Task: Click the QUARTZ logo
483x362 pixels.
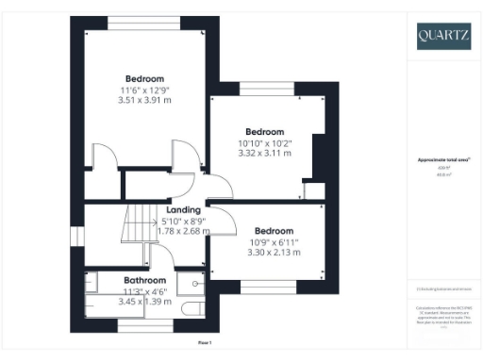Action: click(443, 36)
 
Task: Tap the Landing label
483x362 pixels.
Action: click(183, 209)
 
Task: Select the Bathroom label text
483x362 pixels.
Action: click(146, 280)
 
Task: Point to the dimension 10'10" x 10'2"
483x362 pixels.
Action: click(265, 142)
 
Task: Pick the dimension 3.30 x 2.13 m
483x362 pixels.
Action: click(274, 253)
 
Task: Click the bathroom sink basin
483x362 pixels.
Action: click(194, 280)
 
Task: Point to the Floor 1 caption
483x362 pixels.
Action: click(205, 342)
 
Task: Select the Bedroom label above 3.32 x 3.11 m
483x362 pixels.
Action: click(265, 131)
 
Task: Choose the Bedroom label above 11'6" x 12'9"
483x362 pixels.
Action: click(144, 77)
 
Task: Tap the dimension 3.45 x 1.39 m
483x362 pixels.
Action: click(146, 302)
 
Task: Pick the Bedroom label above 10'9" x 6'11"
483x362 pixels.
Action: click(274, 231)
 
